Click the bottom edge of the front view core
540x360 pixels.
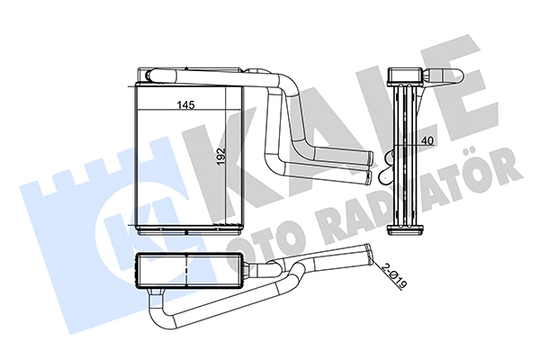tap(189, 225)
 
